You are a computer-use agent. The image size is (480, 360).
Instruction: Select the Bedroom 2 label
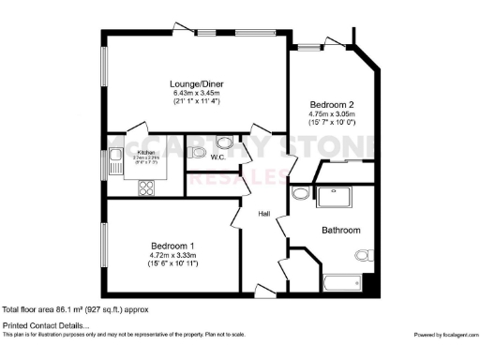331,104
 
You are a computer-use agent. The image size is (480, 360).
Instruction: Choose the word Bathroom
341,229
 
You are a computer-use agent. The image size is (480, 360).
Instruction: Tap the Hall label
265,213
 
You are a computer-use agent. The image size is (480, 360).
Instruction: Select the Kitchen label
146,152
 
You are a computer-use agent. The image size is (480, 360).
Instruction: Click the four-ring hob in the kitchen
148,186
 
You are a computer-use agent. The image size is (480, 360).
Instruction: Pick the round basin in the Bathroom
299,193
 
